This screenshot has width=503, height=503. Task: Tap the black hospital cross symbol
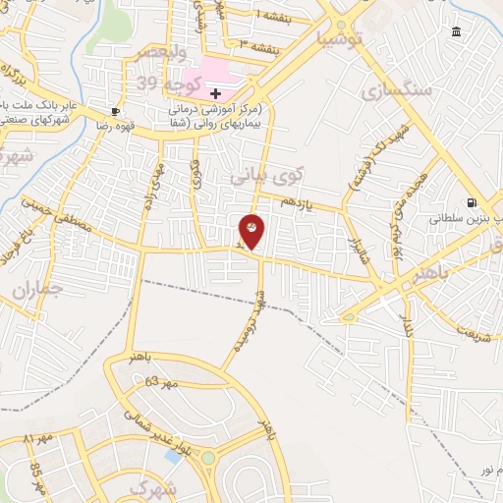click(216, 92)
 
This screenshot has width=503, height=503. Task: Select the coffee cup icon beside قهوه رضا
click(116, 111)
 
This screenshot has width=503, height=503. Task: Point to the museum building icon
click(457, 33)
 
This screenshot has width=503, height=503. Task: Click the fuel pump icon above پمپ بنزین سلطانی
click(472, 204)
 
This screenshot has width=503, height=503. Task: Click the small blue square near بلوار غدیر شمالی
click(174, 457)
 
